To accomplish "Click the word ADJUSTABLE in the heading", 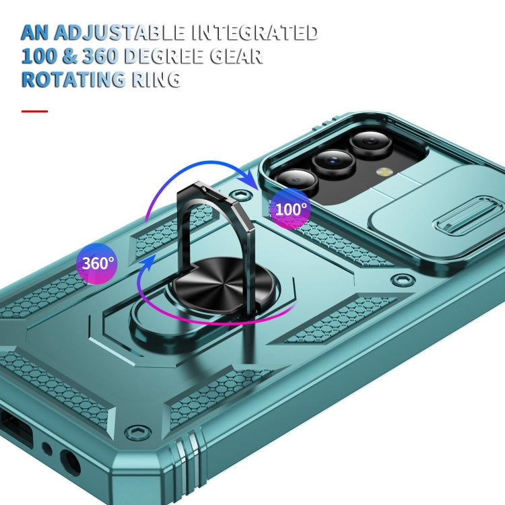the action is click(x=119, y=32).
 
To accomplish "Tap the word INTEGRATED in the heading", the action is click(x=255, y=32).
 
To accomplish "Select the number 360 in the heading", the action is click(x=100, y=56).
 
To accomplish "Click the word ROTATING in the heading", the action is click(x=73, y=79).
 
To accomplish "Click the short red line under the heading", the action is click(x=34, y=111).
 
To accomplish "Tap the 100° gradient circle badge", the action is click(x=290, y=209).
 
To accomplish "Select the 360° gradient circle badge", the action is click(x=97, y=263).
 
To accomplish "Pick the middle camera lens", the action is click(x=334, y=160).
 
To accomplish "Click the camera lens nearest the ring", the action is click(x=297, y=182).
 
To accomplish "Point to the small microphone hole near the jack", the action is click(x=47, y=448).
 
